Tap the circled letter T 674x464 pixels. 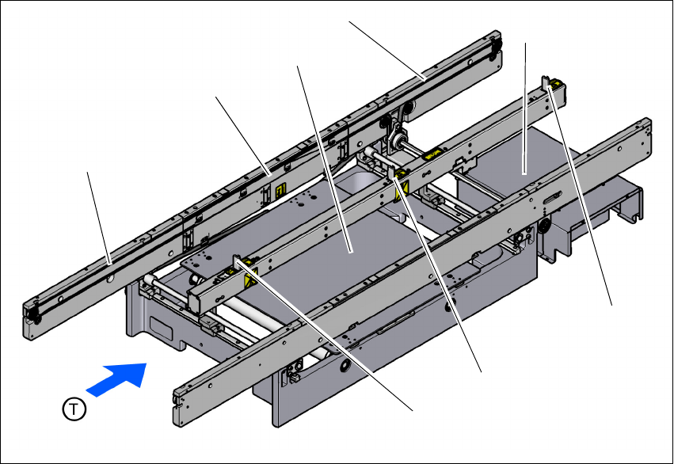(x=74, y=409)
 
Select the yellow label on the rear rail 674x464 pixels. (x=280, y=189)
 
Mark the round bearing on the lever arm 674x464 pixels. (x=397, y=139)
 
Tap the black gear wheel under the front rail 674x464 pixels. (x=545, y=226)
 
